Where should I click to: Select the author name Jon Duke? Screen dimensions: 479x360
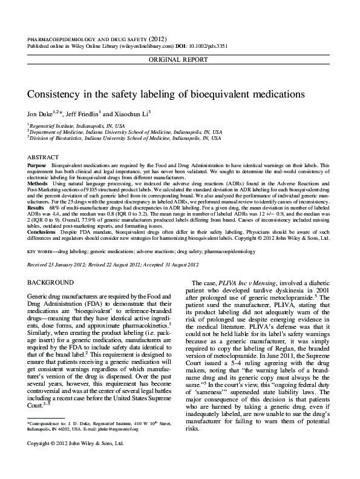[41, 113]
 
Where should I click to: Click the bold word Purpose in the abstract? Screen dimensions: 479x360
[37, 165]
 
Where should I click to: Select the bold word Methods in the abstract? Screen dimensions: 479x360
[38, 182]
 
